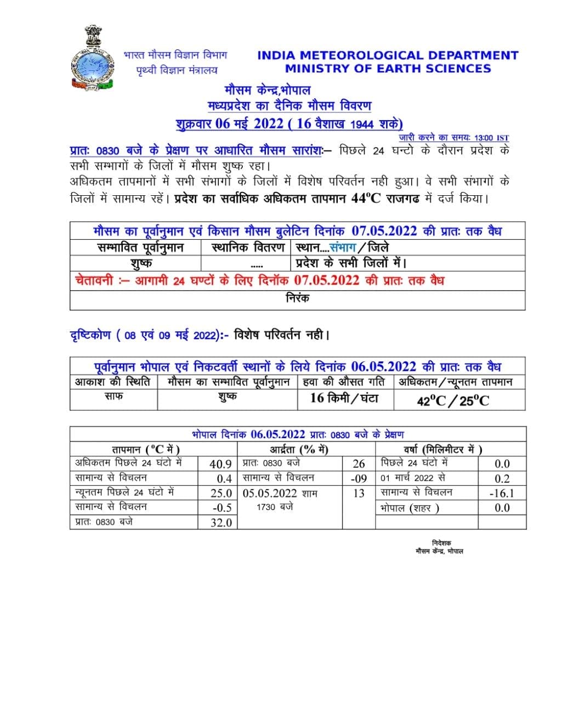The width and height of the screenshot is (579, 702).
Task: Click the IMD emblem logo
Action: pyautogui.click(x=92, y=59)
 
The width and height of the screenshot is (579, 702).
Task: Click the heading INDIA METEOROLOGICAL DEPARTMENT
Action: pyautogui.click(x=388, y=55)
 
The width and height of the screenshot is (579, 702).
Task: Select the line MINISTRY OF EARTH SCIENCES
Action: pyautogui.click(x=388, y=69)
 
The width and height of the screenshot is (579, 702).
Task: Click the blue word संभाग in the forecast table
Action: pyautogui.click(x=343, y=247)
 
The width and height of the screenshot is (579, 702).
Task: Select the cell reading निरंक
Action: pyautogui.click(x=297, y=298)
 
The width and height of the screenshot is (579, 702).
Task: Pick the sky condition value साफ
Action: pyautogui.click(x=113, y=396)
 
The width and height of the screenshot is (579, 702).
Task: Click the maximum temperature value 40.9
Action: pyautogui.click(x=220, y=464)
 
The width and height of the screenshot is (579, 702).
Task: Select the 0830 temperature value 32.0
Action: pyautogui.click(x=221, y=523)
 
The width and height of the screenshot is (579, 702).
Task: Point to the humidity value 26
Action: pyautogui.click(x=359, y=464)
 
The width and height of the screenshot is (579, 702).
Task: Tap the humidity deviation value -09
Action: pyautogui.click(x=359, y=478)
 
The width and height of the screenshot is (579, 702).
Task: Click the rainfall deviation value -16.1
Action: pyautogui.click(x=502, y=493)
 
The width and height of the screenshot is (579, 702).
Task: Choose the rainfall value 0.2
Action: pyautogui.click(x=502, y=478)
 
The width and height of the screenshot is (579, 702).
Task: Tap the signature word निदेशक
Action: pyautogui.click(x=441, y=543)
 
